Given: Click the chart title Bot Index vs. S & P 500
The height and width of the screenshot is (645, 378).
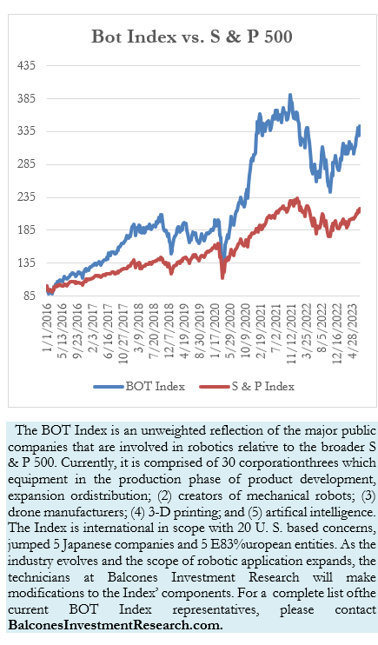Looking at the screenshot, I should coord(191,37).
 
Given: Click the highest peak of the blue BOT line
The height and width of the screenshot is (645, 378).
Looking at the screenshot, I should coord(290,94).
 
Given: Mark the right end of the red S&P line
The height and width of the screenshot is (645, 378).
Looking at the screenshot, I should coord(360,209).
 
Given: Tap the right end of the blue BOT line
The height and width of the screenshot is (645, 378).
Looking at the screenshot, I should coord(360,127).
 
